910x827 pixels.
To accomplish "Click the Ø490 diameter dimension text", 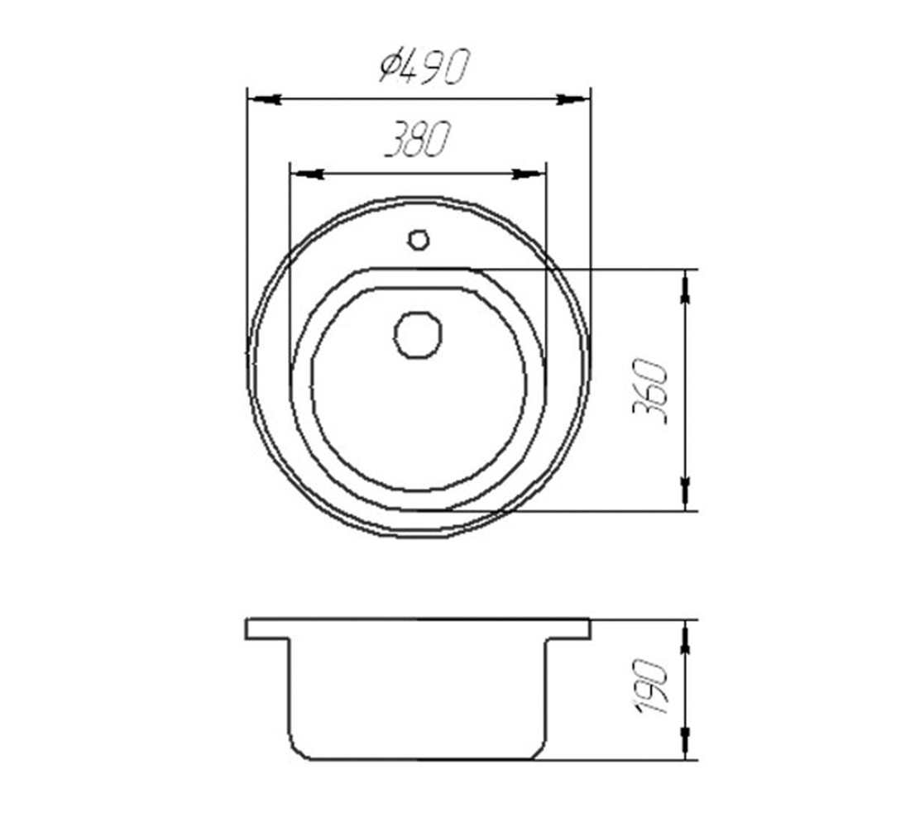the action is click(x=424, y=67).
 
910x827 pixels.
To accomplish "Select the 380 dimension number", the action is click(x=419, y=140).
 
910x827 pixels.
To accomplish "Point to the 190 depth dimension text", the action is click(x=652, y=686).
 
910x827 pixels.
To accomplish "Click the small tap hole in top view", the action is click(x=418, y=240).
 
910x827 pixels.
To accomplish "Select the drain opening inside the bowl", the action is click(x=418, y=335).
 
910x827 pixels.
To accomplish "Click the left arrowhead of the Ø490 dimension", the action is click(x=265, y=99).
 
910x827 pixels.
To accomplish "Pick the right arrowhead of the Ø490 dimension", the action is click(x=572, y=99).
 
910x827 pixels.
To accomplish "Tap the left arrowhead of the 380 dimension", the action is click(x=306, y=174).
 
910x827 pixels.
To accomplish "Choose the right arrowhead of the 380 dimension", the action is click(x=529, y=174).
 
